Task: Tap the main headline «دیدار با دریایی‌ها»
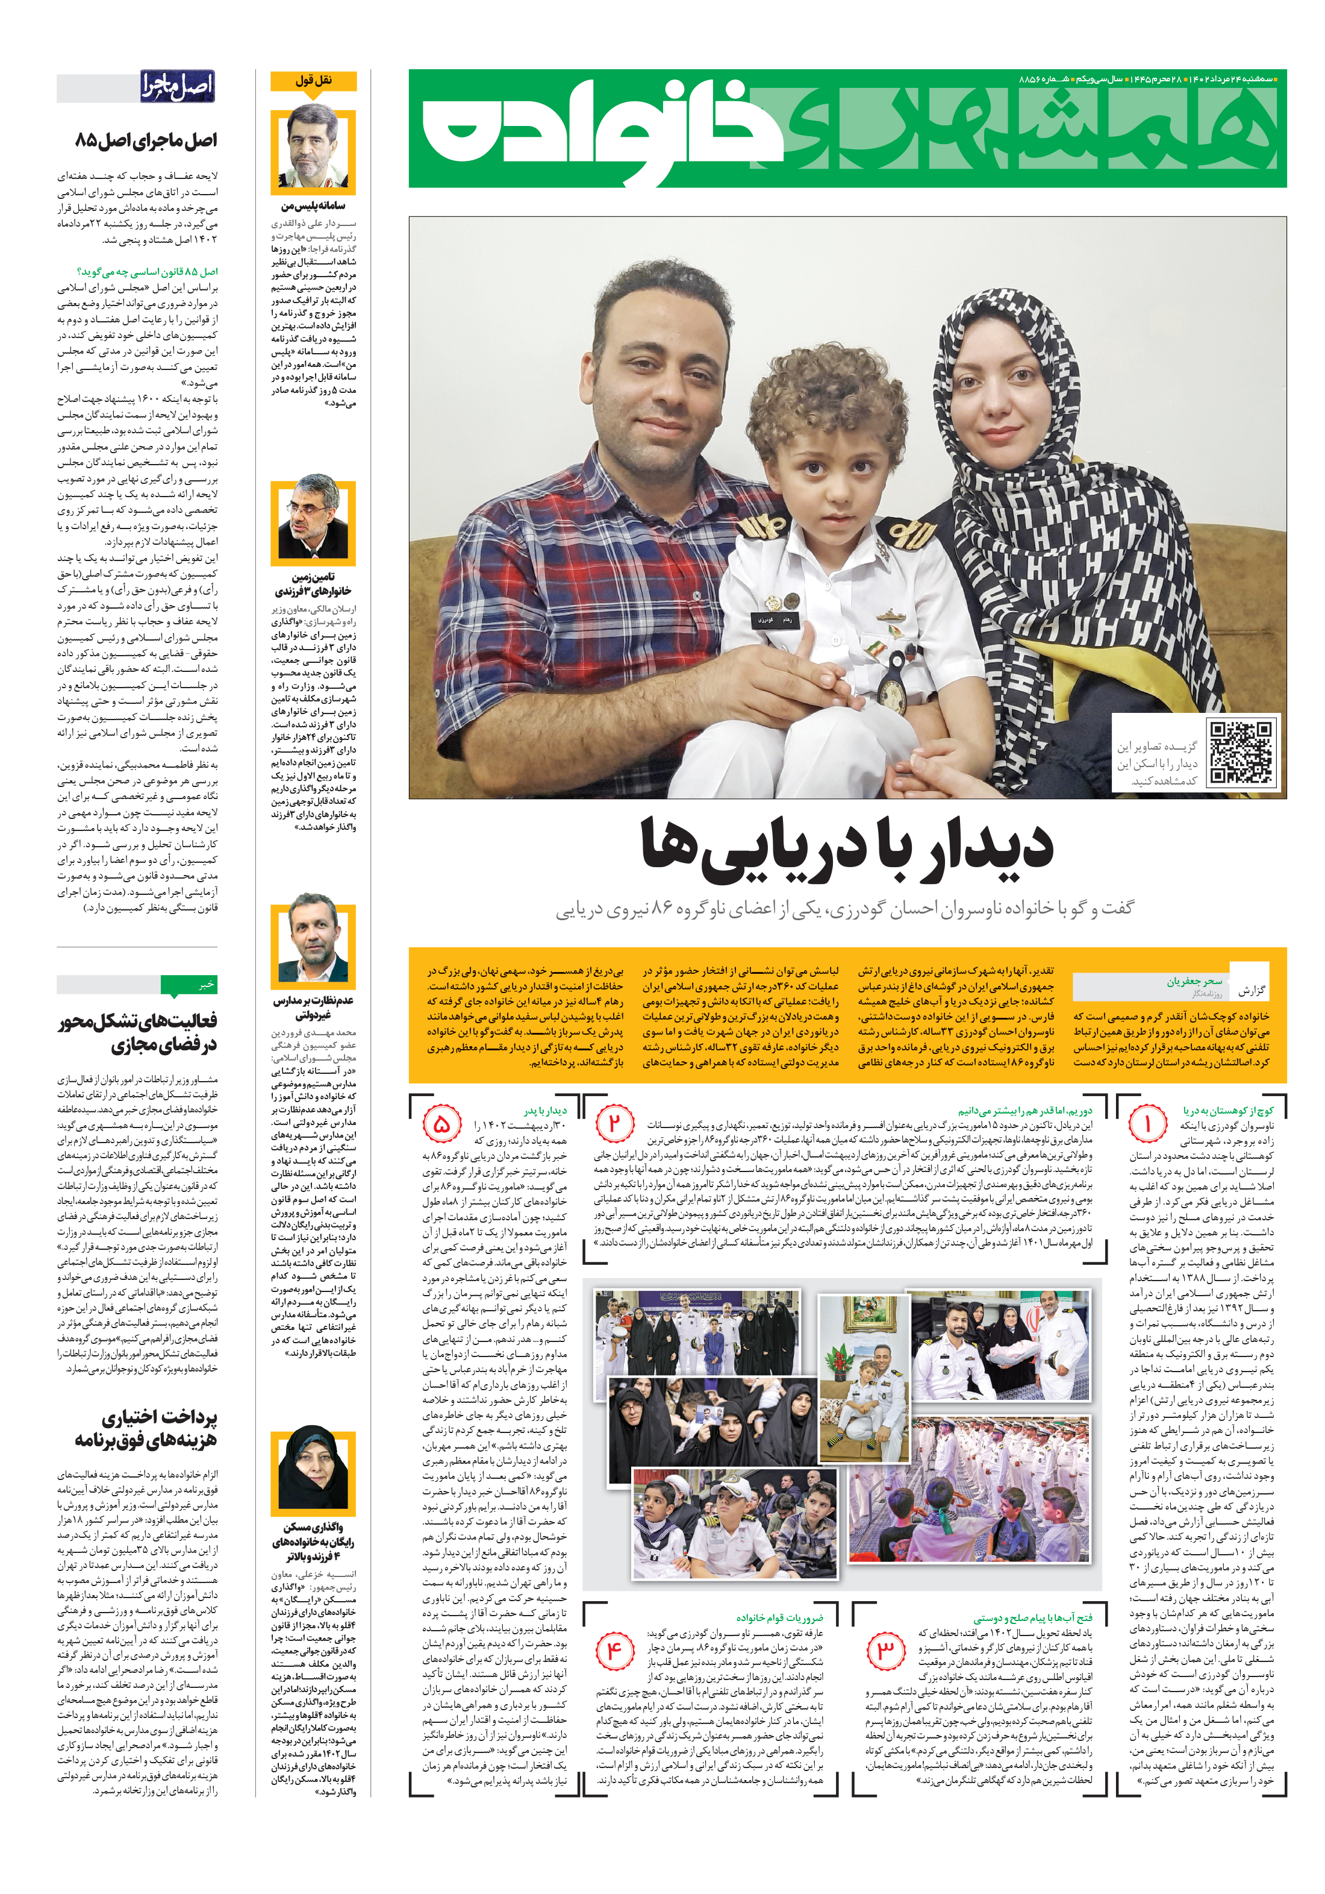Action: (847, 846)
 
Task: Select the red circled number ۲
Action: (614, 1123)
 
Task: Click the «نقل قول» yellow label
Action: (313, 81)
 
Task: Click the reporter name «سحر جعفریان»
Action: (1193, 981)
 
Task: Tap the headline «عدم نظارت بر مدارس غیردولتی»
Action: (313, 1007)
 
